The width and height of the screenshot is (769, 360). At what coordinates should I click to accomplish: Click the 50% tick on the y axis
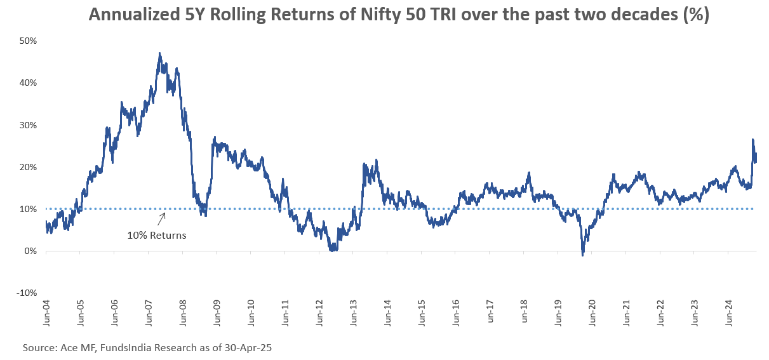(29, 41)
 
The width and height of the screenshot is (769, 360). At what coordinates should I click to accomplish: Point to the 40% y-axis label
(29, 83)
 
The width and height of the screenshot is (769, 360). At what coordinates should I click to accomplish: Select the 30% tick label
(29, 125)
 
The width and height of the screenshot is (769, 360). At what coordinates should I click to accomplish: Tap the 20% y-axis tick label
(29, 167)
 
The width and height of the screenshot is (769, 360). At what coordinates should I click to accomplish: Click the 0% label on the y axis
(31, 251)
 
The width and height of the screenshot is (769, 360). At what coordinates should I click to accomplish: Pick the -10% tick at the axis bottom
(27, 293)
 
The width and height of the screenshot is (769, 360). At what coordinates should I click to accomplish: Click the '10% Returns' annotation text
(157, 235)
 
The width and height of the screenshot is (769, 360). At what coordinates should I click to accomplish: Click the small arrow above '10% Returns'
(162, 218)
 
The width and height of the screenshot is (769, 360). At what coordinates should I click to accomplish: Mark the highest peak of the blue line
(159, 53)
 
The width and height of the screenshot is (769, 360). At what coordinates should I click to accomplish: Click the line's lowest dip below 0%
(582, 255)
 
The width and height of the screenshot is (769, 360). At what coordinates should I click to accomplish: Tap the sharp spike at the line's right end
(752, 140)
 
